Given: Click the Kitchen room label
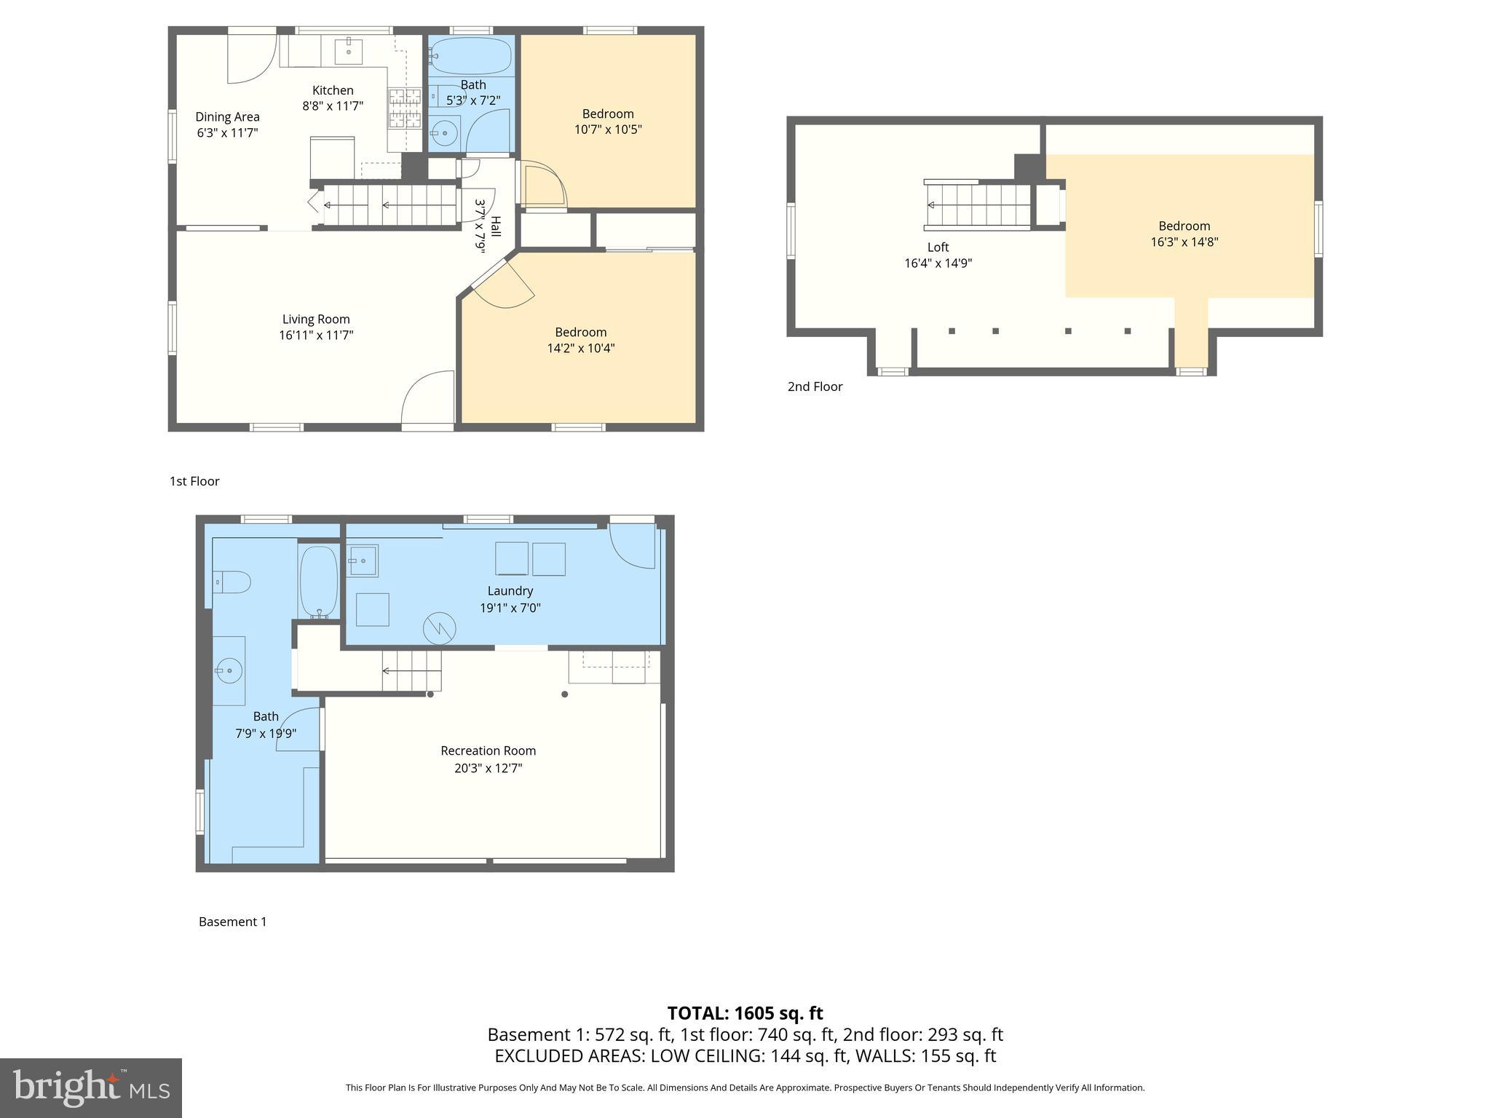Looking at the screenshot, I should pos(333,90).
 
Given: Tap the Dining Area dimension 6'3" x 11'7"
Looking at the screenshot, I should pos(227,133).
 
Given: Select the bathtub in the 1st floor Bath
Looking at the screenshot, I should pos(470,55).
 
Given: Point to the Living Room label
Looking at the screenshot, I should pos(316,319).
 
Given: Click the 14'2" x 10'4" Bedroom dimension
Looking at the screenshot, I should pos(580,348).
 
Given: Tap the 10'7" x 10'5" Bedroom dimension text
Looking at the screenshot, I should pos(608,130).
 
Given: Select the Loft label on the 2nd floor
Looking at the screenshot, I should pos(938,247).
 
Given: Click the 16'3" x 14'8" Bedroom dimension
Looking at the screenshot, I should pos(1184,242).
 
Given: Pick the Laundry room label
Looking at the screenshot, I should pos(510,591).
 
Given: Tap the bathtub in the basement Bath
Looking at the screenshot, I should pos(319,582).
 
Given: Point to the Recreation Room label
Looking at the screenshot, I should pos(488,750).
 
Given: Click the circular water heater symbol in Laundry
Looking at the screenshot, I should pos(439,628).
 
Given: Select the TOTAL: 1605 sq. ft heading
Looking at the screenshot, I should pos(745,1013).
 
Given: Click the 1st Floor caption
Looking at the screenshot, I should pos(194,481).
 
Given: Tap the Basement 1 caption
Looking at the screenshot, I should pos(232,921).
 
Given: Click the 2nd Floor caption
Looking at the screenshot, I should pos(815,386).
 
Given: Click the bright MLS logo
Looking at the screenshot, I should pos(91,1087).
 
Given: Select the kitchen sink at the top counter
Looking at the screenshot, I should pos(349,51).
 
